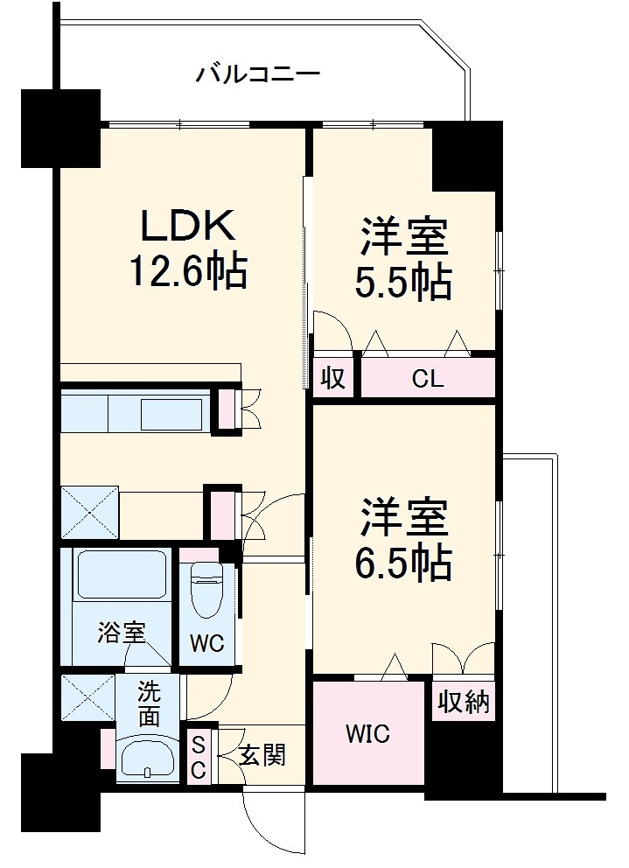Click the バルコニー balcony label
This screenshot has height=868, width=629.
point(257,72)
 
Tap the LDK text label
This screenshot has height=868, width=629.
point(189,227)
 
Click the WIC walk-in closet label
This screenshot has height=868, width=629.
point(367,732)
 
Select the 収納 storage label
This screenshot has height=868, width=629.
point(464,702)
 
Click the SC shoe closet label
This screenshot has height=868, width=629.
point(199,757)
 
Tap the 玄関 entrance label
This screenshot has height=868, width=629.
point(262,755)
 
